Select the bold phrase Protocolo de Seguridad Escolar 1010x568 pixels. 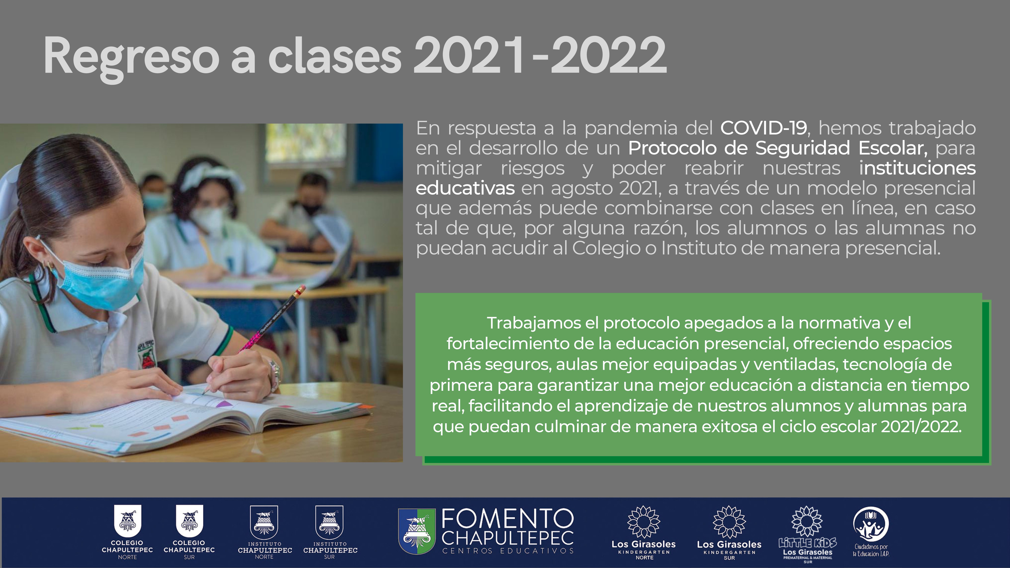(x=778, y=148)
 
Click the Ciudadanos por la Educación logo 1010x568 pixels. (x=871, y=531)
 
